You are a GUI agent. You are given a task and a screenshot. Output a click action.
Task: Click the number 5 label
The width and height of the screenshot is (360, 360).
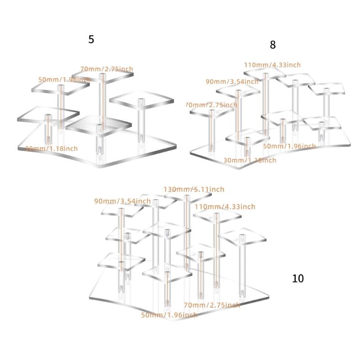point(91,40)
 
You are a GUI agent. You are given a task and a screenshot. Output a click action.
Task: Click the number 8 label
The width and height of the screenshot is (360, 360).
point(273,45)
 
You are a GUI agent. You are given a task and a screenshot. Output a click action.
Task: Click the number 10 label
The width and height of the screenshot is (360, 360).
point(298,279)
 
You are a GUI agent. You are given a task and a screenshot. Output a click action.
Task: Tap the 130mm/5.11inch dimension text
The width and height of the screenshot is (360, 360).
point(193,189)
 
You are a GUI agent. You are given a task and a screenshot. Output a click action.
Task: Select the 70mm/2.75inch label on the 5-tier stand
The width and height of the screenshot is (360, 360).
point(107,69)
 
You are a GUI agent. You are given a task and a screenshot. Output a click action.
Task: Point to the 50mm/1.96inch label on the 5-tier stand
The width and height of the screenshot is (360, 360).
point(64,79)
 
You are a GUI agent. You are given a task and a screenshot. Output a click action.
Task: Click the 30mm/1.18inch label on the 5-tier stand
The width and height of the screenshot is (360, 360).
point(52,148)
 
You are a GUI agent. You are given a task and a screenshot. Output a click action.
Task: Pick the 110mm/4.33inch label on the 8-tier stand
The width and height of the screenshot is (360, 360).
point(272,65)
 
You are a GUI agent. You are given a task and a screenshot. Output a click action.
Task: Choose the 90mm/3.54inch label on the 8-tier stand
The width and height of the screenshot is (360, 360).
point(232,81)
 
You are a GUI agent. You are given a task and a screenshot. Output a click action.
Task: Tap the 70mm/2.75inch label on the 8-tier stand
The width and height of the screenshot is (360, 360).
point(211,105)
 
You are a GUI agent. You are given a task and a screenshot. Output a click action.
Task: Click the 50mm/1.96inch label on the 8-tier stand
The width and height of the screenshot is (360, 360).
point(289,146)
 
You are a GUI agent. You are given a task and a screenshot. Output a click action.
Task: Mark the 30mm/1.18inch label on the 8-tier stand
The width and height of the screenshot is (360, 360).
point(250,160)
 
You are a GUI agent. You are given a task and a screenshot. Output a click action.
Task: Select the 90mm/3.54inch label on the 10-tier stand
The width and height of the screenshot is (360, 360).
point(122,201)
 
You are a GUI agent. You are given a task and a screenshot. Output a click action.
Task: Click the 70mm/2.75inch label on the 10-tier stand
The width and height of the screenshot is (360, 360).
point(211,305)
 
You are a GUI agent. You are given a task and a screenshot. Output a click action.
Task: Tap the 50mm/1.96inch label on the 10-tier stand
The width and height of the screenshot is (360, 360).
point(169,315)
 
